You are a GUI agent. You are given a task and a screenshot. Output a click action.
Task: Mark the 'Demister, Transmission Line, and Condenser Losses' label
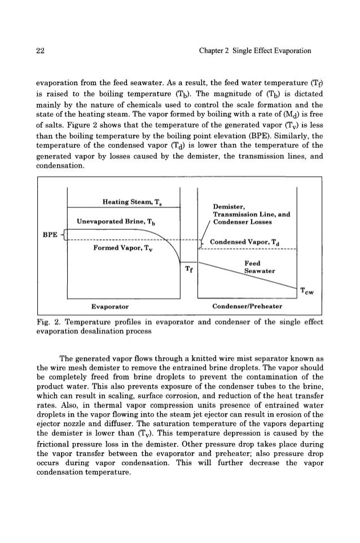(x=251, y=214)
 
